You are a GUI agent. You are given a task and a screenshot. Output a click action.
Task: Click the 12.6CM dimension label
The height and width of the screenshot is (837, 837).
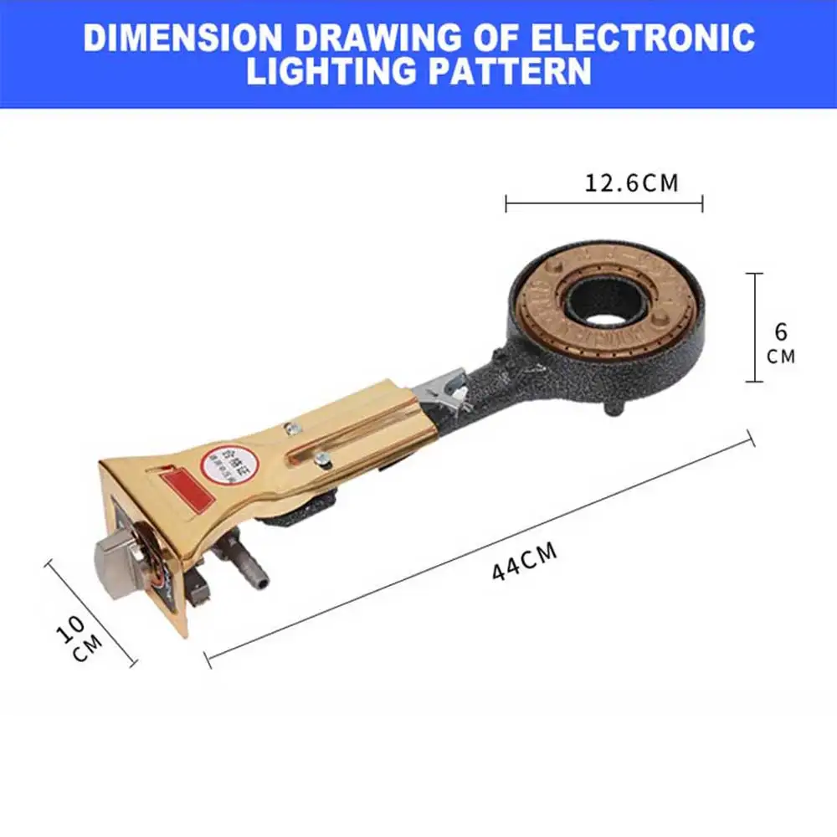tap(631, 182)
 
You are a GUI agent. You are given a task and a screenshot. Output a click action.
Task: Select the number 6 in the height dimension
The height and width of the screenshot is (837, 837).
tap(781, 331)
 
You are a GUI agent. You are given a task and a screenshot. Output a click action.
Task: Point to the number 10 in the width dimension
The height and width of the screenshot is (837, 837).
tap(73, 627)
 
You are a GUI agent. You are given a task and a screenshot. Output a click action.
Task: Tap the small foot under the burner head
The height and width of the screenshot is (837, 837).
tap(615, 409)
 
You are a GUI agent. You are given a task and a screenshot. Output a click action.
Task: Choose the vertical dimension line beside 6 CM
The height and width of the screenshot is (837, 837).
tap(756, 327)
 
